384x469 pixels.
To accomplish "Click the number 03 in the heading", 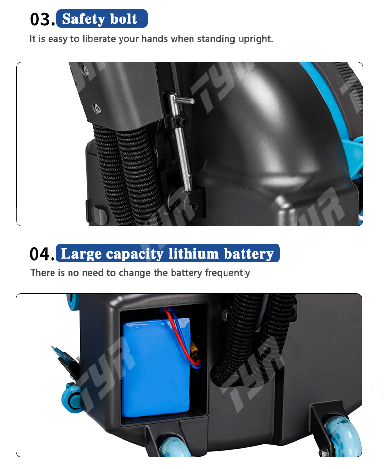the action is tap(40, 19).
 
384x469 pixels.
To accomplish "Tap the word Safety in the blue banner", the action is tap(83, 19).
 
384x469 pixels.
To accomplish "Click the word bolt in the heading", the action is tap(124, 18).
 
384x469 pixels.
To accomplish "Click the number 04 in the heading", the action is tap(40, 254).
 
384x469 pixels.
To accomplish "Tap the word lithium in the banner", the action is tap(193, 254).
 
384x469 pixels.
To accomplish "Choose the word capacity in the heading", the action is tap(135, 254).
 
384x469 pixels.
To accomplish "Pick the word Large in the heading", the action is tap(81, 254).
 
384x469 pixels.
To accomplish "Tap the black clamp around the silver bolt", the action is tap(180, 121).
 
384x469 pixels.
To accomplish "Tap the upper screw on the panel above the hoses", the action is tap(86, 70).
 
